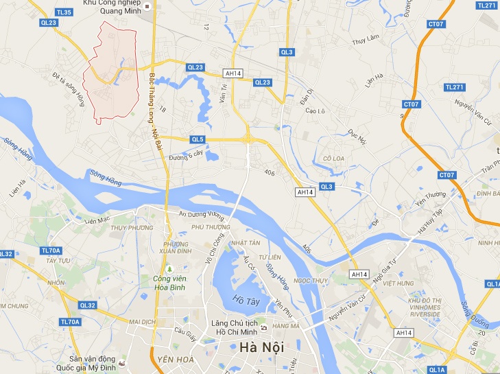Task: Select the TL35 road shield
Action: (64, 12)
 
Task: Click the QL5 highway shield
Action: (198, 139)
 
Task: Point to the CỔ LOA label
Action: (333, 159)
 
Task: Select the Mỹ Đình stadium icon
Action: (122, 362)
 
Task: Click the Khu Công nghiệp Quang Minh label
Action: (112, 5)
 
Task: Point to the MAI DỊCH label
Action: (143, 321)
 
